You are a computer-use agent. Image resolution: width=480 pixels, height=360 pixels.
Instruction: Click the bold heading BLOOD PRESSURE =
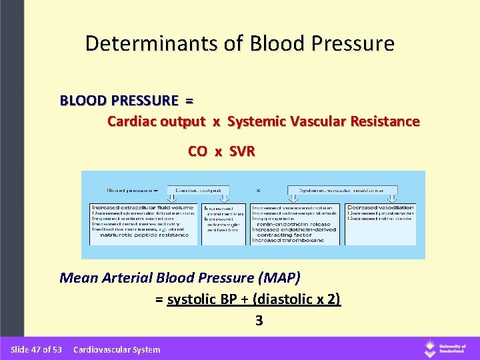click(x=127, y=101)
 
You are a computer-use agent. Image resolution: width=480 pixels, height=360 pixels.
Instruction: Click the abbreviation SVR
click(x=242, y=151)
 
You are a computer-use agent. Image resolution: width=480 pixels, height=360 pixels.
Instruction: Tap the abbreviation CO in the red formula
click(x=197, y=151)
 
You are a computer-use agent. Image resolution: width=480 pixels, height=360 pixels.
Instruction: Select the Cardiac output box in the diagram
click(x=199, y=189)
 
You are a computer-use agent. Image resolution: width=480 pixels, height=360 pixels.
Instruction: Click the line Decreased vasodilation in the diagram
click(x=381, y=207)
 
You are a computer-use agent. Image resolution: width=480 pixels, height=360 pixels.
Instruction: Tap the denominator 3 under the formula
click(x=259, y=321)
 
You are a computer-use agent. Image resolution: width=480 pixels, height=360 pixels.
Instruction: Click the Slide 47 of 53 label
click(x=36, y=349)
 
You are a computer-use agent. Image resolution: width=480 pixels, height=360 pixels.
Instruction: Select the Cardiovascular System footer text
click(x=117, y=349)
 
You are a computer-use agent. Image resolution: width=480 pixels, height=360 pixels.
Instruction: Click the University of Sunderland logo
click(x=446, y=349)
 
